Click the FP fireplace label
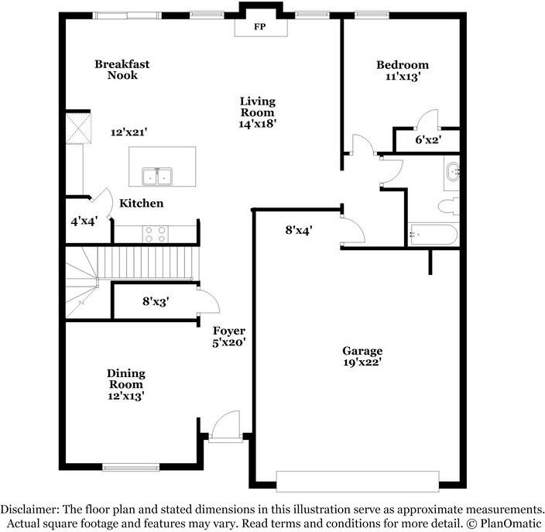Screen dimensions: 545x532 (x=260, y=27)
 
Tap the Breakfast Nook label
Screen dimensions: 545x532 (x=122, y=70)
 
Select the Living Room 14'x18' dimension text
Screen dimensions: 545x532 (x=258, y=123)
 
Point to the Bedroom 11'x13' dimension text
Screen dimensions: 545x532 (x=403, y=77)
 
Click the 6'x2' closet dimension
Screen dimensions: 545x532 (x=428, y=140)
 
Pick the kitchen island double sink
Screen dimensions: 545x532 (x=157, y=177)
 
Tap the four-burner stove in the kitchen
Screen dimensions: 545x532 (x=156, y=234)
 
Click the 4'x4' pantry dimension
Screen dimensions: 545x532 (x=84, y=221)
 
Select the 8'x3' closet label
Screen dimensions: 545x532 (x=156, y=301)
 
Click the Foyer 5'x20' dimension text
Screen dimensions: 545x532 (x=229, y=342)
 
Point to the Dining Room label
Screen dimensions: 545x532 (x=126, y=379)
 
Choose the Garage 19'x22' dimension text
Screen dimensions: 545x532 (x=362, y=362)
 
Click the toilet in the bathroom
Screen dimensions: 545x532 (x=448, y=206)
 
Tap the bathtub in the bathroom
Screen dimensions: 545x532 (x=433, y=235)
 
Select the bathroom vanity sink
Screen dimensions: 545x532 (x=453, y=171)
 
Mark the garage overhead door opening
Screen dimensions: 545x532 (x=358, y=481)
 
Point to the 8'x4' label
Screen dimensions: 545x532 (x=299, y=230)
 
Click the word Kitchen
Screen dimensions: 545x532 (x=141, y=203)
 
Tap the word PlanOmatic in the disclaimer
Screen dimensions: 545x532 (x=511, y=523)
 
